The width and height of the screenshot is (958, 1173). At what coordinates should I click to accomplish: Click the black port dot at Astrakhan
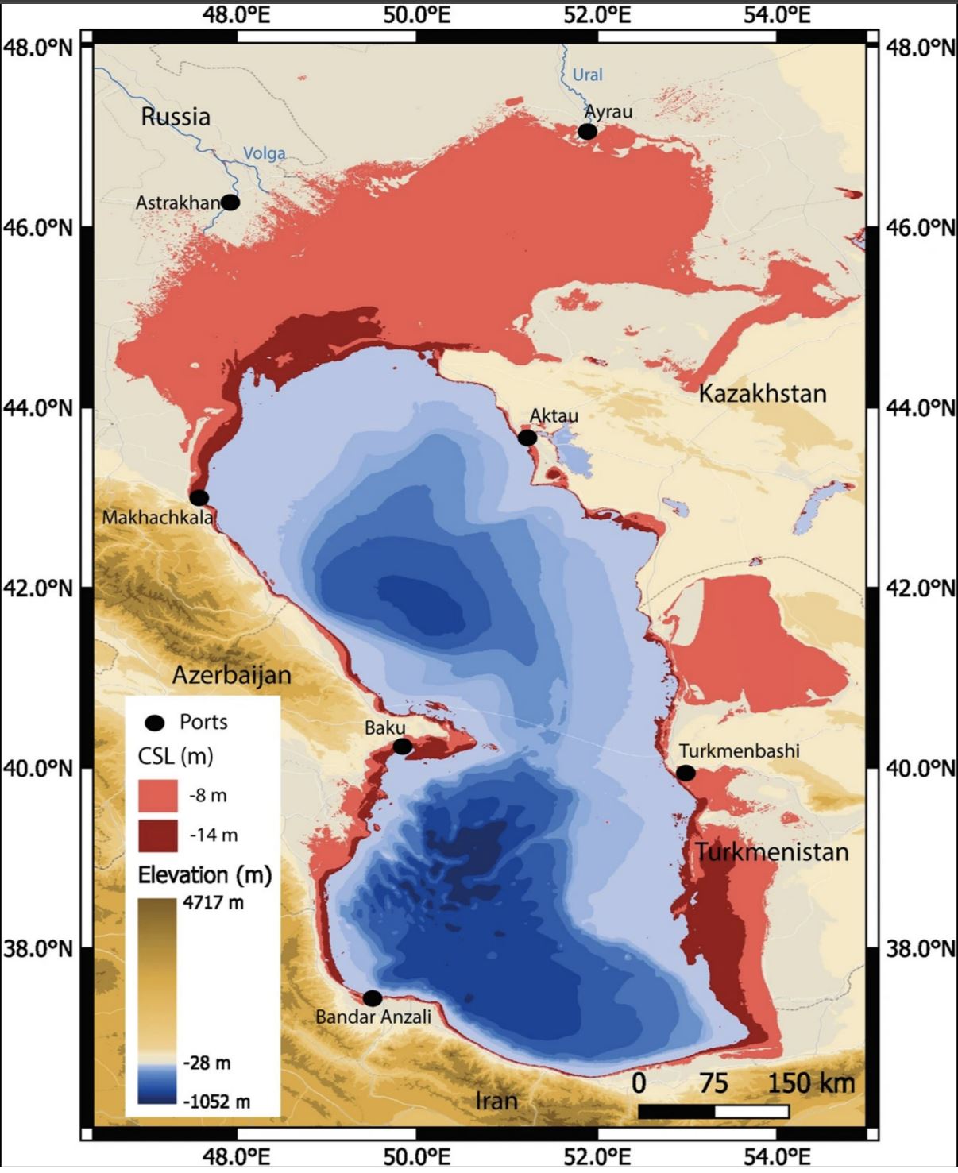click(x=230, y=203)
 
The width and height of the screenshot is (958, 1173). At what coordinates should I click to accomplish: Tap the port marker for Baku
click(x=403, y=747)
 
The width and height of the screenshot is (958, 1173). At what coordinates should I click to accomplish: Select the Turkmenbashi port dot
click(x=686, y=773)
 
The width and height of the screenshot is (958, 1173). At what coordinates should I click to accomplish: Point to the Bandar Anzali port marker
click(x=372, y=998)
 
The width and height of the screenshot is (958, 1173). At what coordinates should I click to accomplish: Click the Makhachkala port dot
click(x=199, y=498)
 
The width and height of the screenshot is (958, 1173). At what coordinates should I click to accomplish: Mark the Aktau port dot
click(x=527, y=438)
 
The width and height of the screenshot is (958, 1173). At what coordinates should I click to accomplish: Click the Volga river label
click(x=264, y=153)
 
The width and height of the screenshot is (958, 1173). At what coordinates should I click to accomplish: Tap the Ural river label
click(x=587, y=75)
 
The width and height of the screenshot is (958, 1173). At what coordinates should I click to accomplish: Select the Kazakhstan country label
click(x=762, y=393)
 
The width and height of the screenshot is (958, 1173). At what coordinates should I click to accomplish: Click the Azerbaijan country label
click(x=232, y=675)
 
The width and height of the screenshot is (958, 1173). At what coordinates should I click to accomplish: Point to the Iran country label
click(x=496, y=1101)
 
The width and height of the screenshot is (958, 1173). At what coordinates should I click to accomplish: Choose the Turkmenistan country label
click(x=772, y=852)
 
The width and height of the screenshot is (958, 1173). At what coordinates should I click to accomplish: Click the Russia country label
click(x=176, y=117)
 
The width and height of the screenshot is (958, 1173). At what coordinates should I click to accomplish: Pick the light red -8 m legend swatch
click(x=158, y=795)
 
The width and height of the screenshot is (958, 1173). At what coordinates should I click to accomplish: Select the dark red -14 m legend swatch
click(x=158, y=835)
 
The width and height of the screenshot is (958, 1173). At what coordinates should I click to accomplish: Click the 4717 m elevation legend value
click(x=214, y=903)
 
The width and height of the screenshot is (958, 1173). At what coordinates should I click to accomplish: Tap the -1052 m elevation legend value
click(x=216, y=1102)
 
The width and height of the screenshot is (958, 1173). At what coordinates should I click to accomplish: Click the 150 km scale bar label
click(x=810, y=1082)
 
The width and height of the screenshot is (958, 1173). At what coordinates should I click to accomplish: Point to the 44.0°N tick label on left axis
click(x=37, y=408)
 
